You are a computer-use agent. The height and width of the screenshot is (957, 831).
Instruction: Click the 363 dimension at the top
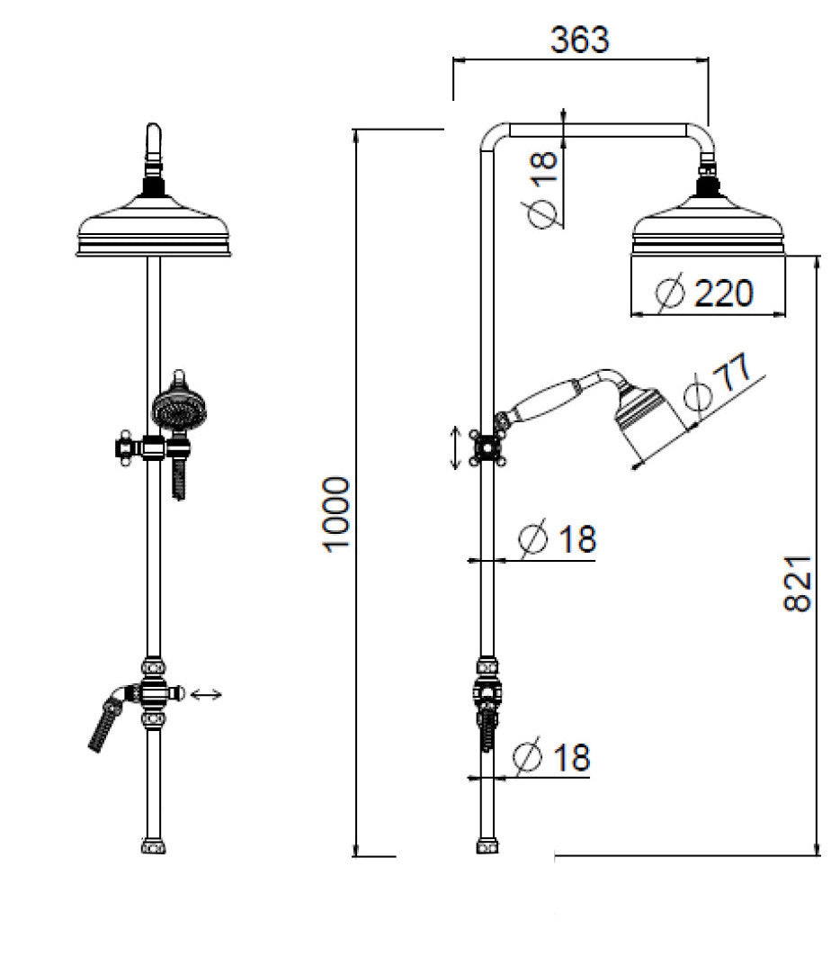(579, 40)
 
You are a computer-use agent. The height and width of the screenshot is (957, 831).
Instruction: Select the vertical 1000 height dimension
(336, 515)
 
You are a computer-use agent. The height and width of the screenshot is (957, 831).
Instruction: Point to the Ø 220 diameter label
(704, 293)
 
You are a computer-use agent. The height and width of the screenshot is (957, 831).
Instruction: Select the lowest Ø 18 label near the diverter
(553, 757)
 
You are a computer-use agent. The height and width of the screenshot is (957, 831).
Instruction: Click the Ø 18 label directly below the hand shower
(558, 539)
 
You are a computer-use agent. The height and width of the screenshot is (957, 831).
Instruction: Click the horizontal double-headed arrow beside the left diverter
(206, 693)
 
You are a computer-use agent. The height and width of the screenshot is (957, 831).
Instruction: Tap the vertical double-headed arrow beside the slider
(454, 447)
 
